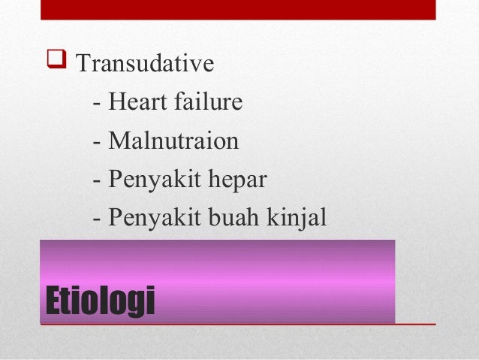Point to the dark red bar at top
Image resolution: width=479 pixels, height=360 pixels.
238,9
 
